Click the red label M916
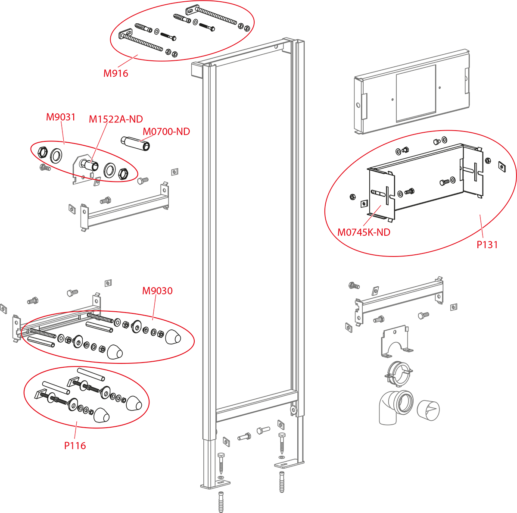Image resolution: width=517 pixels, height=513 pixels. pyautogui.click(x=115, y=73)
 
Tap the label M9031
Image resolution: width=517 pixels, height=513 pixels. pyautogui.click(x=61, y=117)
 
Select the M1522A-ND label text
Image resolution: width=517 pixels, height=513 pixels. pyautogui.click(x=115, y=119)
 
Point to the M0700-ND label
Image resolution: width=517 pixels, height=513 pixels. pyautogui.click(x=166, y=131)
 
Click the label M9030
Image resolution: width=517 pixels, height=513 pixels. pyautogui.click(x=157, y=291)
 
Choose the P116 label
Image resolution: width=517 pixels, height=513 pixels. pyautogui.click(x=75, y=446)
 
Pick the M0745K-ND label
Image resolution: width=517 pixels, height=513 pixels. pyautogui.click(x=364, y=232)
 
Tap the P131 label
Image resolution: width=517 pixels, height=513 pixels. pyautogui.click(x=487, y=245)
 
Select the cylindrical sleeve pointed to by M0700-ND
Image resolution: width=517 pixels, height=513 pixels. pyautogui.click(x=135, y=144)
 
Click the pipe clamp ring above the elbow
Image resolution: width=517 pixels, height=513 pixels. pyautogui.click(x=399, y=374)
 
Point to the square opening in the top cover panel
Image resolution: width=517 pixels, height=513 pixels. pyautogui.click(x=416, y=93)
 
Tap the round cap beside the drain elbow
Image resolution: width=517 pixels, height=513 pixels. pyautogui.click(x=428, y=410)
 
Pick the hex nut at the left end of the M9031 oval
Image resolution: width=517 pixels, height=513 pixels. pyautogui.click(x=42, y=152)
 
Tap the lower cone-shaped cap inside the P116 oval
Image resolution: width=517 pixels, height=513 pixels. pyautogui.click(x=101, y=415)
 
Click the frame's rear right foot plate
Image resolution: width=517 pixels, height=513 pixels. pyautogui.click(x=289, y=464)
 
